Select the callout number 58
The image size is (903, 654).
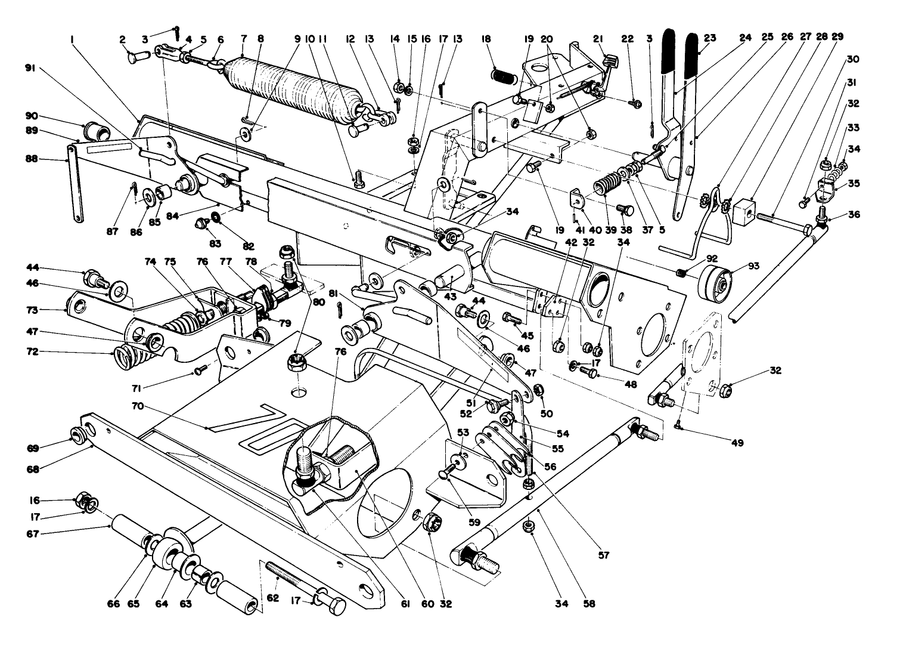point(589,604)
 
